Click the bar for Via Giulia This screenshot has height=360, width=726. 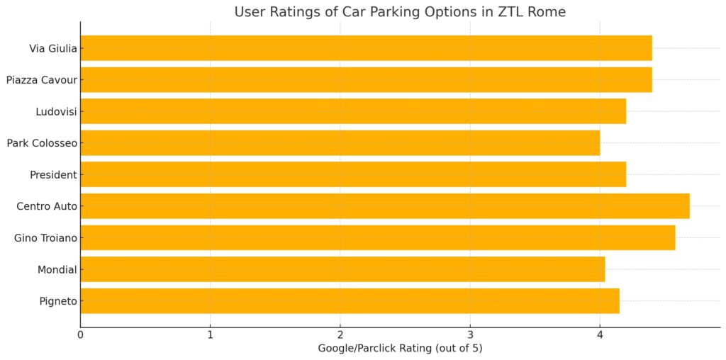coord(366,48)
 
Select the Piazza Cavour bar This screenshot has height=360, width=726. coord(366,80)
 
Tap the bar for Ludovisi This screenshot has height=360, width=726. coord(353,111)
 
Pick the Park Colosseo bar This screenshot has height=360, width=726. coord(340,143)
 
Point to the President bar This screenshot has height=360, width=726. coord(353,174)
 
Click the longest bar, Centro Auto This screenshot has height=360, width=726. coord(385,206)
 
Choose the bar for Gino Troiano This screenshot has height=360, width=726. coord(378,237)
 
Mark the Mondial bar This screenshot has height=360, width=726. coord(342,269)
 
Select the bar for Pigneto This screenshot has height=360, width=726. coord(350,300)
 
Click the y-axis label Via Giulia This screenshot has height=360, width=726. coord(52,49)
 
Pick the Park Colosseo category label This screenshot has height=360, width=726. coord(42,144)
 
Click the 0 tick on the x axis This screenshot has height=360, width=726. coord(81,335)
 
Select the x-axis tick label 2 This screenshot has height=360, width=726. coord(340,335)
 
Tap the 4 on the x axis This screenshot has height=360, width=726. coord(600,335)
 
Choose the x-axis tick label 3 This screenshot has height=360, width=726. coord(470,335)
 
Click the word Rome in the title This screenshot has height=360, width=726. coord(551,12)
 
